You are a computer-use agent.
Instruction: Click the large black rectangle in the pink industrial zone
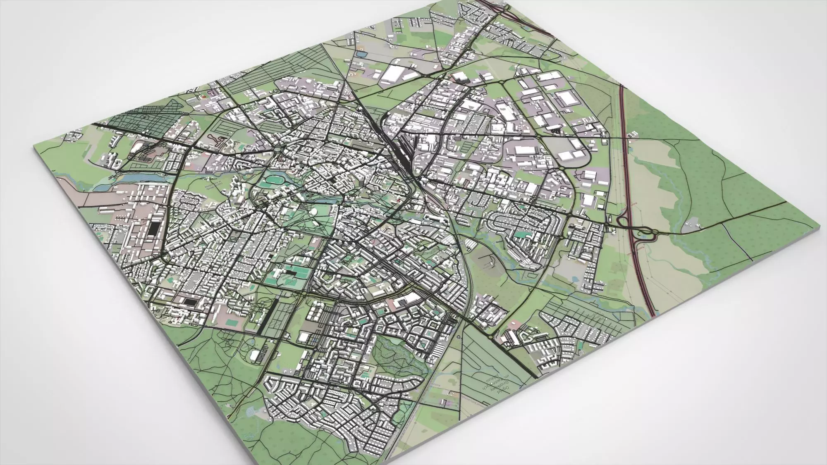155,229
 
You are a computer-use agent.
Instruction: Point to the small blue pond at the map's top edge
361,54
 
